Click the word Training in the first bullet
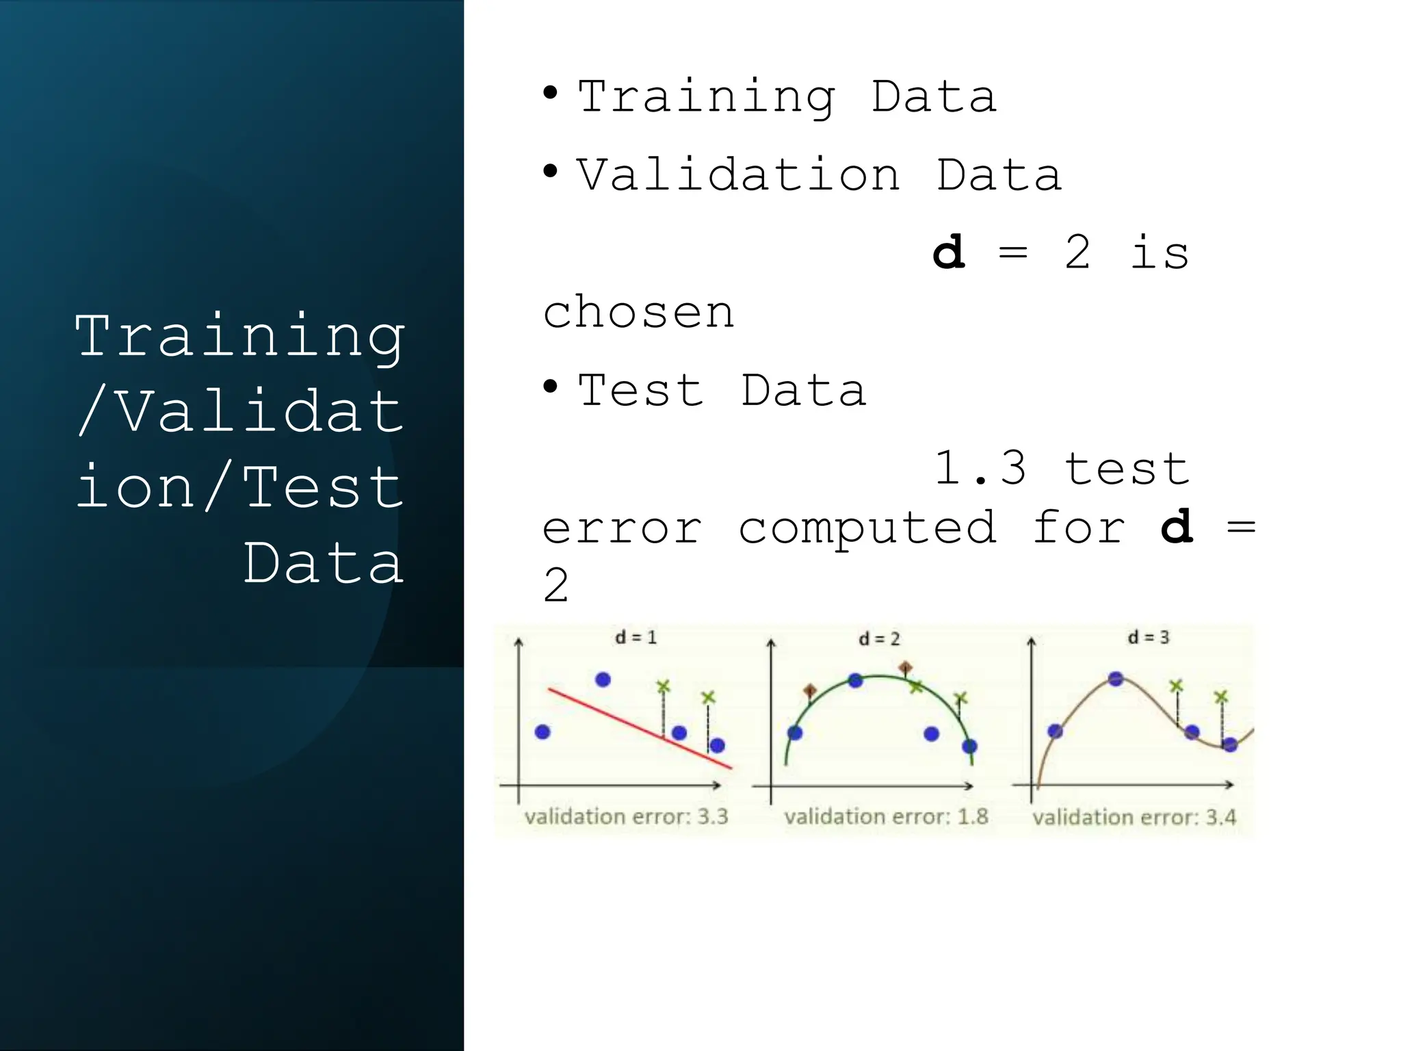(x=706, y=96)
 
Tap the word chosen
(x=638, y=313)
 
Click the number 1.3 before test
(x=980, y=469)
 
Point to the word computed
(x=867, y=528)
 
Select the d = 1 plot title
(x=636, y=638)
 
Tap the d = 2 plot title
(x=879, y=639)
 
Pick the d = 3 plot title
(x=1149, y=638)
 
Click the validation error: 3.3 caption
(x=626, y=816)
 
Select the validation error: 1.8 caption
(x=886, y=816)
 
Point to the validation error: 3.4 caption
(x=1134, y=817)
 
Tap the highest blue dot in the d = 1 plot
(x=603, y=679)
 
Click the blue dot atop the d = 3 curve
(x=1116, y=679)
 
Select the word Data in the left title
(x=323, y=563)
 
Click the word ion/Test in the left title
(x=239, y=487)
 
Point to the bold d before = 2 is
(x=949, y=252)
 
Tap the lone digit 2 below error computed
(x=555, y=586)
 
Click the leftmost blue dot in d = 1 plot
(x=542, y=732)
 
